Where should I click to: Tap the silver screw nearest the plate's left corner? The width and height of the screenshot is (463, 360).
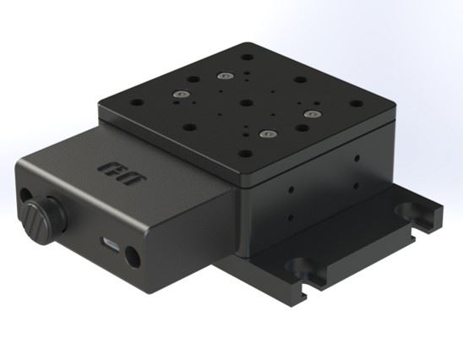pos(180,93)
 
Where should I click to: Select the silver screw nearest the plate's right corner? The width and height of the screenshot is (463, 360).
pos(312,111)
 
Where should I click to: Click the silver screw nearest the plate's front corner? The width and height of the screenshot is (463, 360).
pos(267,134)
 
